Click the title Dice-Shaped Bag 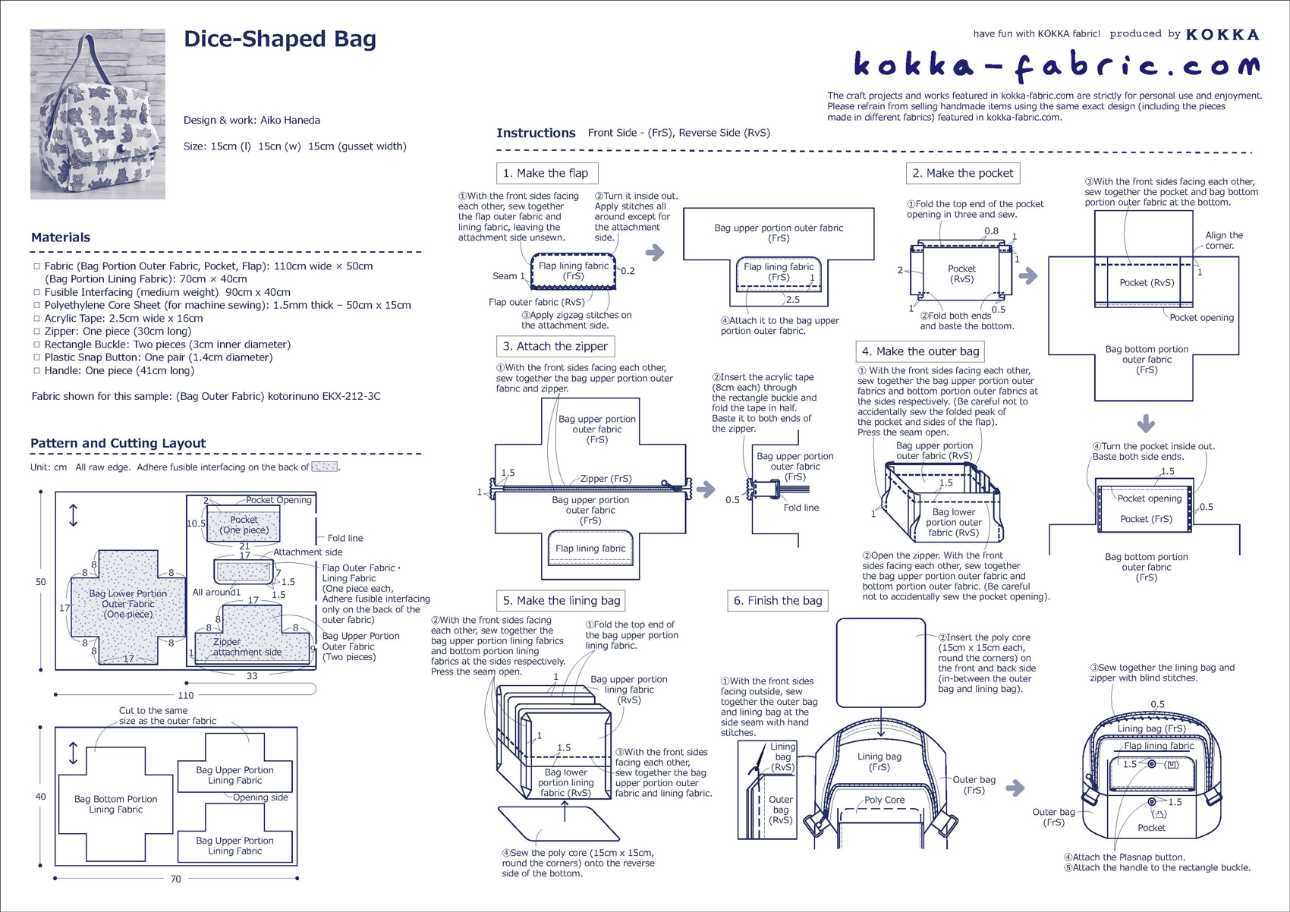(x=279, y=39)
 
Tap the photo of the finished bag (x=97, y=114)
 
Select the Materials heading (x=61, y=237)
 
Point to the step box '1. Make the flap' (x=546, y=173)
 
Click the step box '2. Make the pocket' (x=962, y=173)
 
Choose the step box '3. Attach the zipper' (x=555, y=347)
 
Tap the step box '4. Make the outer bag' (x=920, y=351)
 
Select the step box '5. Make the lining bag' (x=561, y=601)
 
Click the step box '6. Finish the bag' (x=777, y=601)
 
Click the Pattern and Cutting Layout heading (x=118, y=444)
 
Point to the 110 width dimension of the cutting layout (x=186, y=695)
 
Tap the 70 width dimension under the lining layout (x=175, y=879)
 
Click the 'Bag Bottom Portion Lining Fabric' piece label (x=115, y=804)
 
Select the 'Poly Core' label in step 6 (x=884, y=800)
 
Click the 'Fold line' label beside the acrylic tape (x=801, y=508)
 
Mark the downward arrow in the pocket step (x=1146, y=423)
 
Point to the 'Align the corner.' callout (x=1223, y=241)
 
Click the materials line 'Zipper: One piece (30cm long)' (x=118, y=331)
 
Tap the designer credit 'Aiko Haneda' (x=290, y=120)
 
